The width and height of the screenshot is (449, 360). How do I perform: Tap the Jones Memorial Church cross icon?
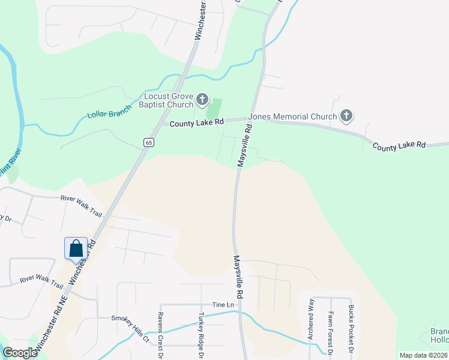(x=346, y=116)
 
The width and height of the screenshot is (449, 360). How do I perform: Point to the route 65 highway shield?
(x=149, y=142)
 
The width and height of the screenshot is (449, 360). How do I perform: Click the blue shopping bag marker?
(x=76, y=248)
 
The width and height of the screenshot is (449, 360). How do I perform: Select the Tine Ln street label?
(x=221, y=305)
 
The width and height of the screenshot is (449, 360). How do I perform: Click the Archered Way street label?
(x=310, y=320)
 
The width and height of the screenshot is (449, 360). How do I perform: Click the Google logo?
(x=20, y=353)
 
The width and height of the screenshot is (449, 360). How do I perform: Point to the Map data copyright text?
(x=423, y=355)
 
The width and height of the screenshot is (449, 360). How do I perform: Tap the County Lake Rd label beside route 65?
(x=196, y=122)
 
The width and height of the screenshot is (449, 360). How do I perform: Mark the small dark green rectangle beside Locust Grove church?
(x=214, y=108)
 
